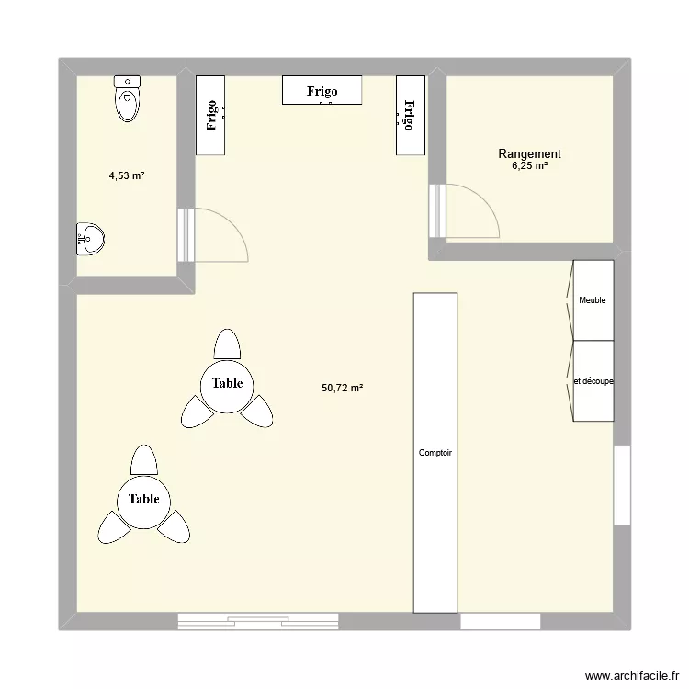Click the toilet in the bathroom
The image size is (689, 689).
point(129,99)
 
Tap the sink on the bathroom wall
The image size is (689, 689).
point(89,239)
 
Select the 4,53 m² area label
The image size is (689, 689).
point(127,175)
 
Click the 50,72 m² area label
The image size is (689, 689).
point(342,389)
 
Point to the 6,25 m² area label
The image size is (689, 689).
point(529,166)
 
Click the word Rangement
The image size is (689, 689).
point(529,154)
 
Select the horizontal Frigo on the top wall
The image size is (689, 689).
point(322,90)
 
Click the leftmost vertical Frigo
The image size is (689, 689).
point(211,116)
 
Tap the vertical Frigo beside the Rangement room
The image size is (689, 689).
point(411,116)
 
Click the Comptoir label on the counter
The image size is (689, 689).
point(435,453)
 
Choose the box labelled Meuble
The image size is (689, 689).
point(593,300)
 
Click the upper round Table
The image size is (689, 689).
point(227,383)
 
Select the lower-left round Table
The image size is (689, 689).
point(144,499)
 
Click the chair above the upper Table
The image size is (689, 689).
point(227,345)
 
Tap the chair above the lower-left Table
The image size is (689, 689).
point(144,459)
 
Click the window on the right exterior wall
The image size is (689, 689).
point(622,485)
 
